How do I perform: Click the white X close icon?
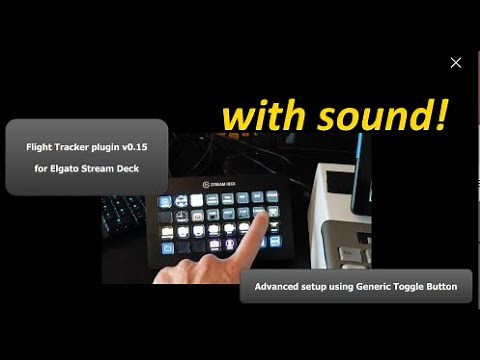pyautogui.click(x=456, y=63)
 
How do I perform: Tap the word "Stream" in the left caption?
pyautogui.click(x=116, y=167)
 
